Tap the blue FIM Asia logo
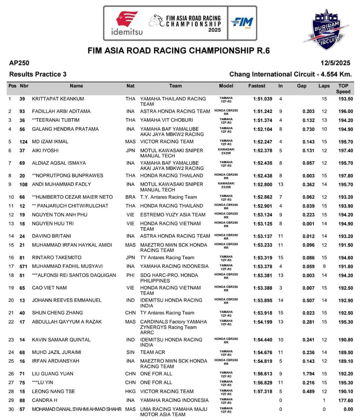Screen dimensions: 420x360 [242, 23]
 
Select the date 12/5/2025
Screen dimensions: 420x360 [335, 63]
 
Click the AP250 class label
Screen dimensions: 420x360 [19, 63]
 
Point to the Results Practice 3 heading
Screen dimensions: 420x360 [38, 74]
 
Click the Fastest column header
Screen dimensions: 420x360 [257, 86]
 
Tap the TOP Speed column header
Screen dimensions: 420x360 [343, 89]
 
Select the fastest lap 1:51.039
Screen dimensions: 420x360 [263, 99]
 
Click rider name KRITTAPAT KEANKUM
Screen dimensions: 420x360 [58, 99]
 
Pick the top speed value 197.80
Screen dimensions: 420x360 [346, 176]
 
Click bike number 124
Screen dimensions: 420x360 [23, 142]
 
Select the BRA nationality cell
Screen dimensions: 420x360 [130, 197]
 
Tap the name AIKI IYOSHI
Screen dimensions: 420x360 [45, 151]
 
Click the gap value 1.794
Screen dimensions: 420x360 [308, 374]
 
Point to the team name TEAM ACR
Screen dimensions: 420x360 [153, 352]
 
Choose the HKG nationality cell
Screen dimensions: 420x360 [130, 391]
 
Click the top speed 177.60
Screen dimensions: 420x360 [346, 400]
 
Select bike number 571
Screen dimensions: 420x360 [23, 266]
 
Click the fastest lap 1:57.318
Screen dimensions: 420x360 [263, 392]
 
